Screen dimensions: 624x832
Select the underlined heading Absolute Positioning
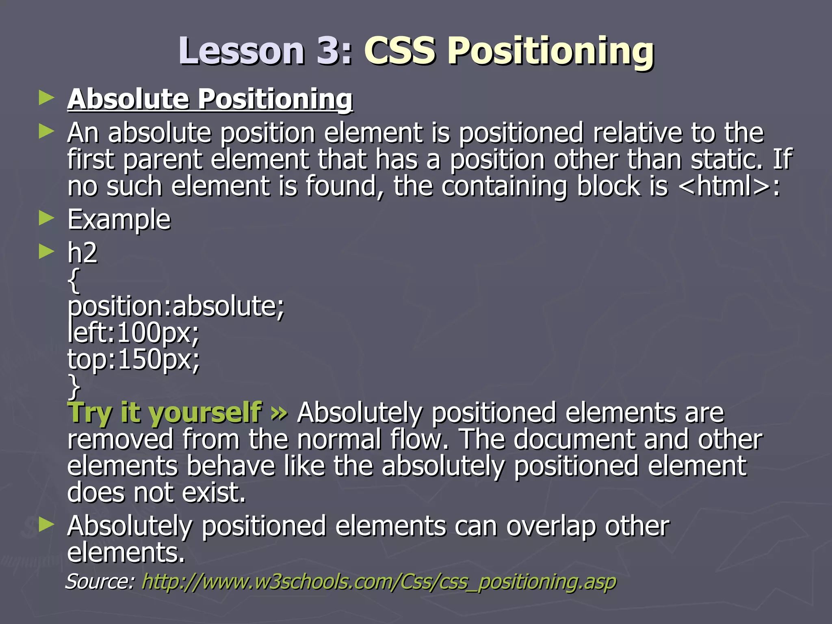click(x=210, y=99)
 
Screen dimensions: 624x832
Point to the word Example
click(x=119, y=220)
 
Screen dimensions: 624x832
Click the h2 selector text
click(x=82, y=253)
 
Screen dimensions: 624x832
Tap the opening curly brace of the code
click(x=74, y=280)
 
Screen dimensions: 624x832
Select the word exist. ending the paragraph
click(x=214, y=493)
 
